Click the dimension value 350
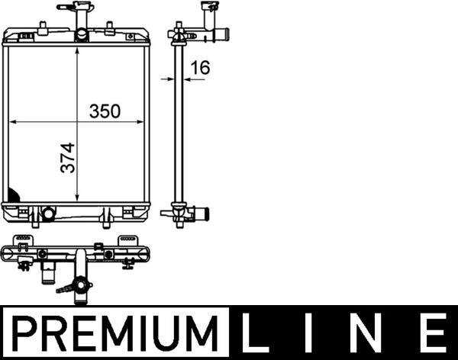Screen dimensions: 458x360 pyautogui.click(x=105, y=111)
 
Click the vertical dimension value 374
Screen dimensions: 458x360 pyautogui.click(x=68, y=158)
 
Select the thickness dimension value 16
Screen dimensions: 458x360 pyautogui.click(x=200, y=67)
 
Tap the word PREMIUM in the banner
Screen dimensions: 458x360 pyautogui.click(x=115, y=333)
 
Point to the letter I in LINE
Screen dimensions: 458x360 pyautogui.click(x=309, y=333)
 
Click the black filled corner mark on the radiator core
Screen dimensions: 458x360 pyautogui.click(x=13, y=195)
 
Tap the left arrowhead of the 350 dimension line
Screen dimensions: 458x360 pyautogui.click(x=12, y=122)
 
